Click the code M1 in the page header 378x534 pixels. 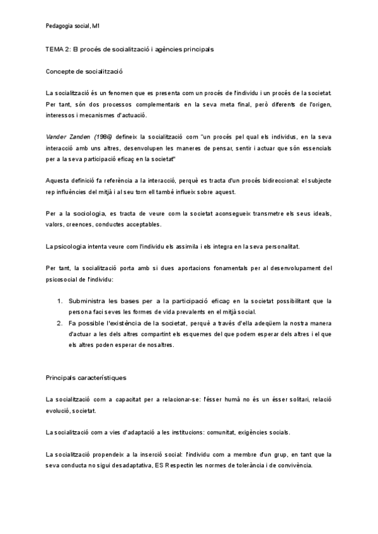[95, 26]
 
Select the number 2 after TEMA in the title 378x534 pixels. [67, 49]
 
